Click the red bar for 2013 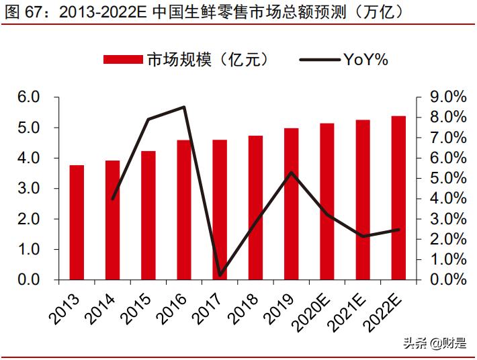[77, 222]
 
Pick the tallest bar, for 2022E [398, 197]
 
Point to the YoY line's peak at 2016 [184, 107]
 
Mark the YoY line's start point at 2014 [112, 199]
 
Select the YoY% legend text [366, 60]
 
